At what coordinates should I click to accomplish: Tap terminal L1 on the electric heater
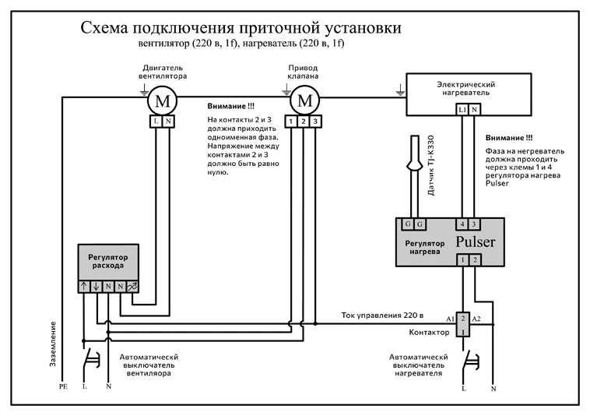click(x=462, y=110)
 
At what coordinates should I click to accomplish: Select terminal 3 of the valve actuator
click(x=315, y=122)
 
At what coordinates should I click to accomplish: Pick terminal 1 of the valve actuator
click(x=291, y=122)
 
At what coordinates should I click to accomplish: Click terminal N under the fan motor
click(x=168, y=122)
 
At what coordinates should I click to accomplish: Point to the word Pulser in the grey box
click(x=476, y=241)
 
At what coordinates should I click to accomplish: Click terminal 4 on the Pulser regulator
click(x=462, y=224)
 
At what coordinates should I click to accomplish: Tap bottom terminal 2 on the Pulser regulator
click(x=475, y=259)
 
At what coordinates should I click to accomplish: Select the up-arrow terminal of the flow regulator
click(x=84, y=287)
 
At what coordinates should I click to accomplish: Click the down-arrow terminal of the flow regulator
click(x=97, y=287)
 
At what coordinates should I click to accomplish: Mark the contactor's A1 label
click(x=451, y=319)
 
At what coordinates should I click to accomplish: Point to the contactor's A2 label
click(x=476, y=319)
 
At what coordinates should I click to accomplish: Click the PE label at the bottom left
click(x=63, y=386)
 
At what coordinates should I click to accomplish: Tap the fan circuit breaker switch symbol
click(x=90, y=359)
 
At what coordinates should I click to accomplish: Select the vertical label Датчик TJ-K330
click(x=431, y=165)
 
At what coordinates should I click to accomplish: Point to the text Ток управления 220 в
click(x=382, y=315)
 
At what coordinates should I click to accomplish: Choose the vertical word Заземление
click(x=53, y=344)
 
